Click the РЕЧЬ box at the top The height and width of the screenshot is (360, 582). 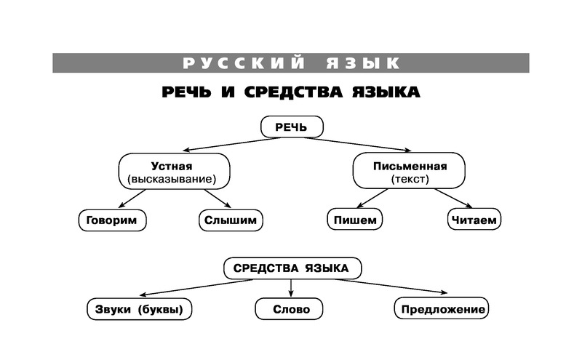click(x=291, y=127)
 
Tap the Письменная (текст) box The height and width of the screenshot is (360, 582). click(x=410, y=171)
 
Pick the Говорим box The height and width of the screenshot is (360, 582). click(x=111, y=219)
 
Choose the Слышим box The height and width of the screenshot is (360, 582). click(x=230, y=219)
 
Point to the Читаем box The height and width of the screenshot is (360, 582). click(x=473, y=219)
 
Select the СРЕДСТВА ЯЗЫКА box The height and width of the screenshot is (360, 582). click(x=291, y=268)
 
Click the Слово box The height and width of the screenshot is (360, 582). click(x=291, y=309)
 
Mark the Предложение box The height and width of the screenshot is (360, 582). click(x=442, y=309)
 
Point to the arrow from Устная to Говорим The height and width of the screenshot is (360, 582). click(x=134, y=198)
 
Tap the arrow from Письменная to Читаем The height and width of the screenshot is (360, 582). click(x=455, y=198)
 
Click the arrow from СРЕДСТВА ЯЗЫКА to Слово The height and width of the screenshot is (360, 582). click(x=291, y=287)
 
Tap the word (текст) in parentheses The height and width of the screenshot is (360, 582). click(x=410, y=179)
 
